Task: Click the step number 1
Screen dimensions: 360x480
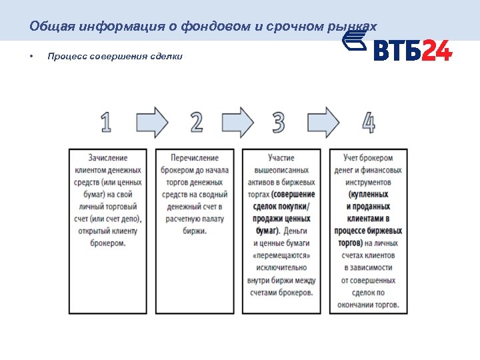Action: point(107,123)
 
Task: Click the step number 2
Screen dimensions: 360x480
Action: point(197,123)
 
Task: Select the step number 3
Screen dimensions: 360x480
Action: point(279,123)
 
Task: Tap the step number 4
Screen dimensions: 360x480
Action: point(368,123)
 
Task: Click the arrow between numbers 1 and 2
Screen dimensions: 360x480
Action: point(153,123)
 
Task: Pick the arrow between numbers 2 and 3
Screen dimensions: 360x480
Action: point(238,123)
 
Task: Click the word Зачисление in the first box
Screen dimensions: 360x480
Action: point(107,158)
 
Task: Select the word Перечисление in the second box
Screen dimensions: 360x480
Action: point(195,158)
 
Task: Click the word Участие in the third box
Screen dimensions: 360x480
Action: point(281,158)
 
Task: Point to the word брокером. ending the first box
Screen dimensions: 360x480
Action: point(107,243)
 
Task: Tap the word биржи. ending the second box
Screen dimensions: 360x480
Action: point(195,231)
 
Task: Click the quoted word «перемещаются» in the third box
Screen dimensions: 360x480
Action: point(281,255)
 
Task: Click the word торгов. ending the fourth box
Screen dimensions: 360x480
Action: point(383,305)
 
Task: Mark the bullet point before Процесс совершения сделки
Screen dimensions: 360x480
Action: point(31,57)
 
